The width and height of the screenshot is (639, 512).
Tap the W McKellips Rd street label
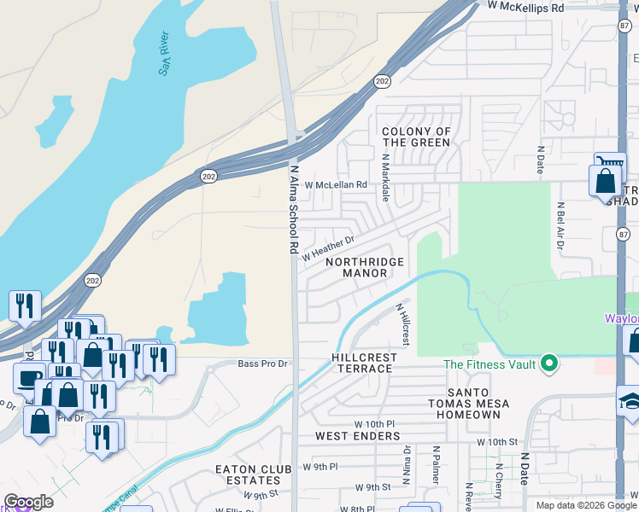(527, 7)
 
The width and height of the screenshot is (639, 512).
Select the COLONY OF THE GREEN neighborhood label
(416, 137)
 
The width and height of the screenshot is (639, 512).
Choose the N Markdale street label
(385, 177)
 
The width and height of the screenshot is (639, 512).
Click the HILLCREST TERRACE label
(362, 363)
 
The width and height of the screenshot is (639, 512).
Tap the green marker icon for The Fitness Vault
(550, 364)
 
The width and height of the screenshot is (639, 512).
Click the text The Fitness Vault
(490, 365)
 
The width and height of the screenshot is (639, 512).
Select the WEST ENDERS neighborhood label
(357, 436)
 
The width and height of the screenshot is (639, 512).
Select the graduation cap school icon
(630, 400)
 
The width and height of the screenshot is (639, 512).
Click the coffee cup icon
(30, 378)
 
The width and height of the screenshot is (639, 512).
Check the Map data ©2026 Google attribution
(586, 505)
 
